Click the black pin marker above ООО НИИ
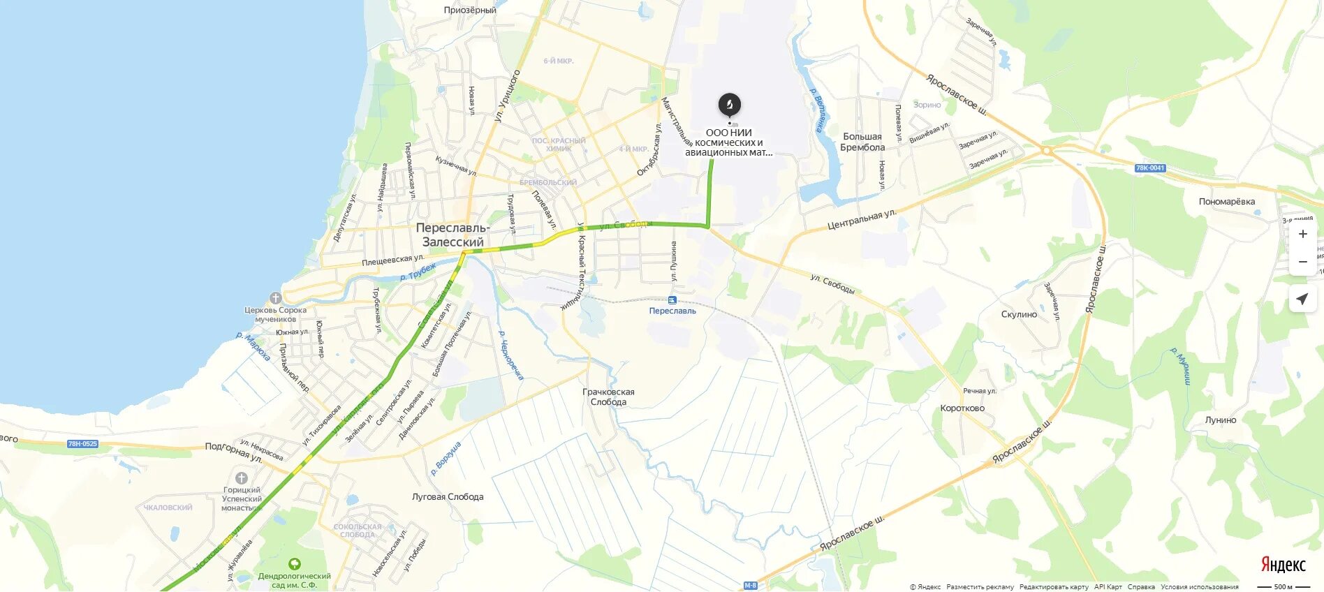[729, 105]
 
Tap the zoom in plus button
[1302, 234]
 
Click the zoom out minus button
[1302, 262]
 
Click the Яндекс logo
[1283, 565]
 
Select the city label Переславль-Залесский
[453, 235]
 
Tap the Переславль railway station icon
[672, 300]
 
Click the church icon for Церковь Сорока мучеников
[275, 298]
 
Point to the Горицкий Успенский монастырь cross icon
[242, 478]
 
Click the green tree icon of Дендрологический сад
[294, 564]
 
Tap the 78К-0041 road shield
[1150, 168]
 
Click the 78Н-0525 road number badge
[82, 444]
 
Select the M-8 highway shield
[750, 586]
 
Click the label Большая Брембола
[862, 142]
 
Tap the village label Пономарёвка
[1227, 202]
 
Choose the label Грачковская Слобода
[608, 397]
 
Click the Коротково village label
[962, 408]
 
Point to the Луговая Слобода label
[448, 497]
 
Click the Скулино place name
[1019, 315]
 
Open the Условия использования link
[1200, 587]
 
